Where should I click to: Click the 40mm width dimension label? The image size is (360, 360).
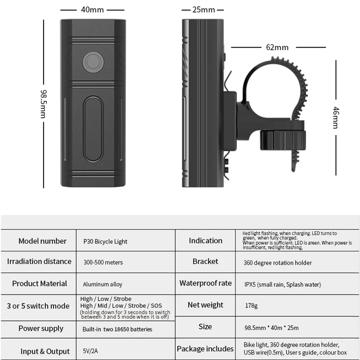[x=92, y=9]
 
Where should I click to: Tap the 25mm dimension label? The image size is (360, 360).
[x=204, y=9]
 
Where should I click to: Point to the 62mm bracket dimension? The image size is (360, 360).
[x=277, y=47]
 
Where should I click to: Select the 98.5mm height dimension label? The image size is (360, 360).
[x=44, y=104]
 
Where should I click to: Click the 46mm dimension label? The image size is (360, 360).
[x=336, y=117]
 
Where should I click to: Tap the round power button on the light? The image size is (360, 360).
[x=93, y=62]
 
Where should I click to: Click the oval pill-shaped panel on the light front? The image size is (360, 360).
[x=93, y=129]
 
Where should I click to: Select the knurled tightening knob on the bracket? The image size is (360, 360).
[x=283, y=140]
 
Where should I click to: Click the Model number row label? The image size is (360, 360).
[x=42, y=241]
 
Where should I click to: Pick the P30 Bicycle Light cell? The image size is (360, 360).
[x=105, y=242]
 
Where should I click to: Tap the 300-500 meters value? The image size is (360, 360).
[x=103, y=262]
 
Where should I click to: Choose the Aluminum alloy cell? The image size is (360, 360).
[x=103, y=284]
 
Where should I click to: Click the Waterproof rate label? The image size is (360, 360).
[x=206, y=283]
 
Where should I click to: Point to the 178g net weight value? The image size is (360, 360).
[x=251, y=306]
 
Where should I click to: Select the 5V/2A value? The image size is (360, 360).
[x=90, y=351]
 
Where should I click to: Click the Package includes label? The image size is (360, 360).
[x=205, y=349]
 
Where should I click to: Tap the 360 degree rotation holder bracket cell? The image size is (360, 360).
[x=278, y=263]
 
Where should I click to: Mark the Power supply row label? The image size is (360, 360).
[x=41, y=328]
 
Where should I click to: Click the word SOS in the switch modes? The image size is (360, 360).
[x=156, y=306]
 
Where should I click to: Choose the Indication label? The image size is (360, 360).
[x=206, y=241]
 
